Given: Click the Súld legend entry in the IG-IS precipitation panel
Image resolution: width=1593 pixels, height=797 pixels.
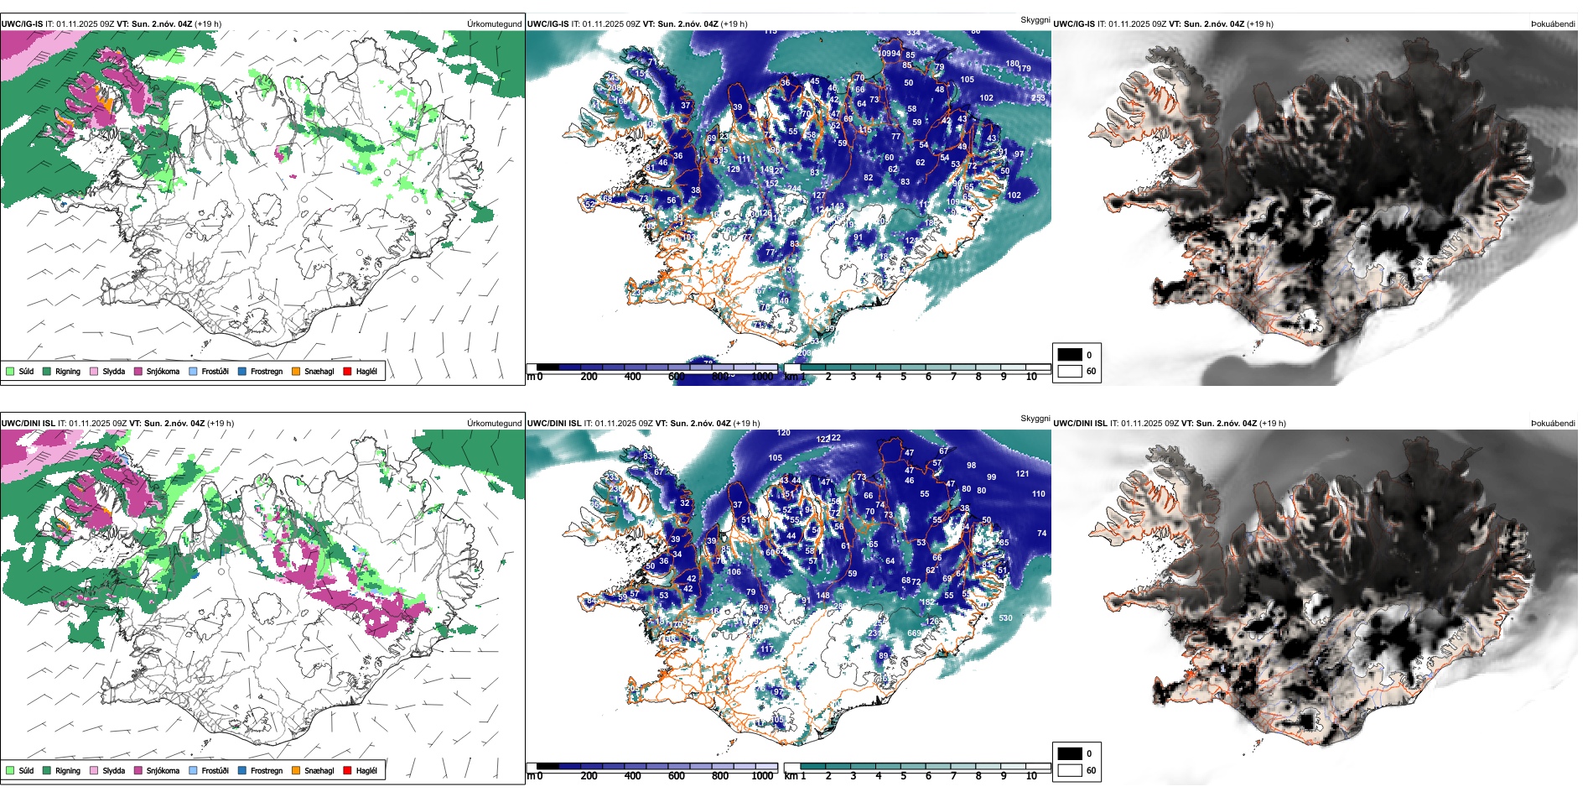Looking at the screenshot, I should point(20,371).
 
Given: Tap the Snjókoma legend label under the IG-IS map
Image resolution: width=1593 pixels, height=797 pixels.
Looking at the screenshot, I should point(162,371).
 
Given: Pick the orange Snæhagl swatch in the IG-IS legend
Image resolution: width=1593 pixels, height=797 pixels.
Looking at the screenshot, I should point(296,371).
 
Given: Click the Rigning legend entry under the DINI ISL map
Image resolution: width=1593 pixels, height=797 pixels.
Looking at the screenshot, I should point(61,770).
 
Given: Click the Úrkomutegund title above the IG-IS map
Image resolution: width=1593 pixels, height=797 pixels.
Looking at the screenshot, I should point(494,24).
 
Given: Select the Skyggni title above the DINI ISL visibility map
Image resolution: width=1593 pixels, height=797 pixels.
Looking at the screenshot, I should point(1035,419).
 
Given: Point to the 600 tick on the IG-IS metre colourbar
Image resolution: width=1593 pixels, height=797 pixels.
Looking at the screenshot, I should point(676,377).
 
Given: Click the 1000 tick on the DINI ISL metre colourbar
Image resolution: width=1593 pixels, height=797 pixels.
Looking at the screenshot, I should point(762,776).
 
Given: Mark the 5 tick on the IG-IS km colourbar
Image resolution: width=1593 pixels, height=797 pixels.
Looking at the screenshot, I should point(903,377).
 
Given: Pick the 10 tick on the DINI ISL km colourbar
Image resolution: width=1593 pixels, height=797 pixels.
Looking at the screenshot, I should point(1031,776).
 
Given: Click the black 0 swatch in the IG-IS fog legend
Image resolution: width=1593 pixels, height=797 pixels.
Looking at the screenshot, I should point(1070,355).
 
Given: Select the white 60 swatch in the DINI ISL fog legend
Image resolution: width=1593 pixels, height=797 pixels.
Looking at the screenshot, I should point(1070,770).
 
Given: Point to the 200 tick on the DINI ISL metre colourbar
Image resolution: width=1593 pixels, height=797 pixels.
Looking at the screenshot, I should point(589,776).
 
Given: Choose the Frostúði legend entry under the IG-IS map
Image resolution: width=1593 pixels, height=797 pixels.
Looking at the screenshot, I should point(209,371).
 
